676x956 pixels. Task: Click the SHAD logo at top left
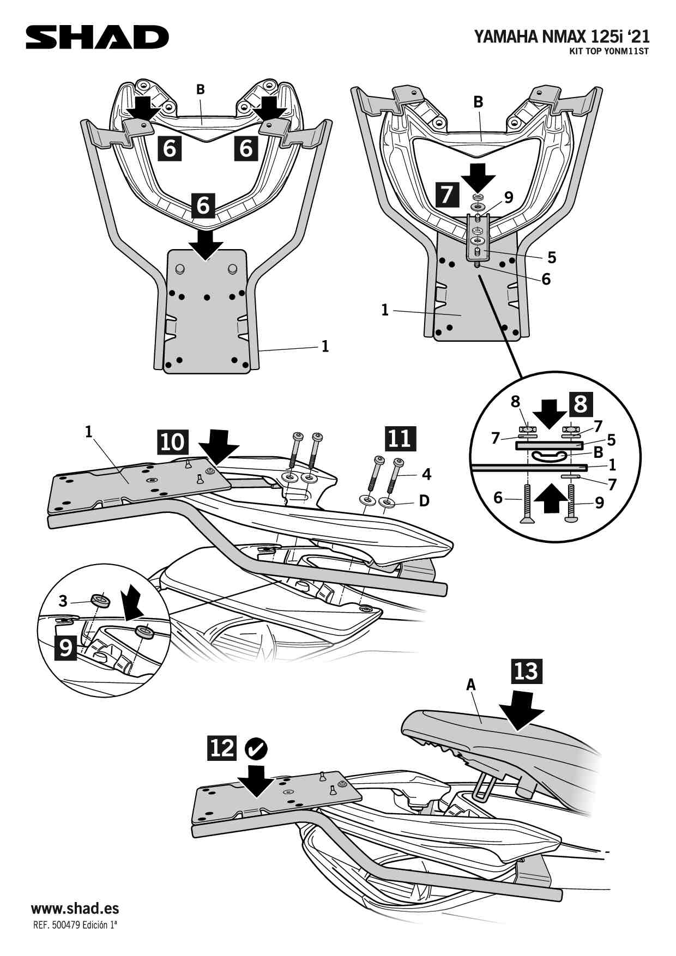tap(98, 37)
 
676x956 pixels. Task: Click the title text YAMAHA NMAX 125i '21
tap(562, 37)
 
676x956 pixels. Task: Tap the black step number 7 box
tap(446, 195)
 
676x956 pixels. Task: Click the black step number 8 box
tap(581, 404)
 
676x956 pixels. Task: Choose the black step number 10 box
tap(173, 441)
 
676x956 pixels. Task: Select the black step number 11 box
tap(400, 438)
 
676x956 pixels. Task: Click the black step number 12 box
tap(221, 748)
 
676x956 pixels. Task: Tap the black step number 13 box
tap(526, 671)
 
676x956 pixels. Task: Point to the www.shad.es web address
tap(75, 909)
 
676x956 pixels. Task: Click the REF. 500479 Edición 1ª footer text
tap(75, 925)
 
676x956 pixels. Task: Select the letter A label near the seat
tap(471, 685)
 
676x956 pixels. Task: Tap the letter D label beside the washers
tap(424, 500)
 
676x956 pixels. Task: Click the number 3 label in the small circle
tap(63, 601)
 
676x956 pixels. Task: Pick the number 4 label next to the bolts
tap(426, 474)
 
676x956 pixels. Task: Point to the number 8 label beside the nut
tap(515, 402)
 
